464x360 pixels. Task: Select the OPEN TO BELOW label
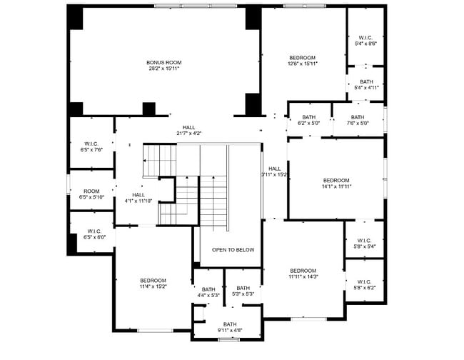pos(233,250)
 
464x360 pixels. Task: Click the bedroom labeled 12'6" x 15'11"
pos(302,60)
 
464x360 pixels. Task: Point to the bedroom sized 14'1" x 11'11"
pos(336,183)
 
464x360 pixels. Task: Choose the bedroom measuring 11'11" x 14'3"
pos(303,273)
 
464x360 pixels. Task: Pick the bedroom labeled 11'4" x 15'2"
pos(153,283)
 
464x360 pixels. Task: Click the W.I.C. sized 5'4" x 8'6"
pos(365,41)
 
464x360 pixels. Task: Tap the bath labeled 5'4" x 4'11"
pos(365,84)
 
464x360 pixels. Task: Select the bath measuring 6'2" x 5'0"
pos(308,120)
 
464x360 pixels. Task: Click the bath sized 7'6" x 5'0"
pos(357,120)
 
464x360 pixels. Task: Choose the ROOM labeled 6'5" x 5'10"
pos(91,194)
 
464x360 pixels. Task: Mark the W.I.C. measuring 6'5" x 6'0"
pos(94,234)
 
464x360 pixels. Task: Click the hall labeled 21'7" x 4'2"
pos(188,130)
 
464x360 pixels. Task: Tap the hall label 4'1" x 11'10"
pos(138,198)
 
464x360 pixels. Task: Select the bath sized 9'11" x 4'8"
pos(230,327)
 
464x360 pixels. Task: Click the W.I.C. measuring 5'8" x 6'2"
pos(364,284)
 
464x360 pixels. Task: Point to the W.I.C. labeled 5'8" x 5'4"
pos(364,243)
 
